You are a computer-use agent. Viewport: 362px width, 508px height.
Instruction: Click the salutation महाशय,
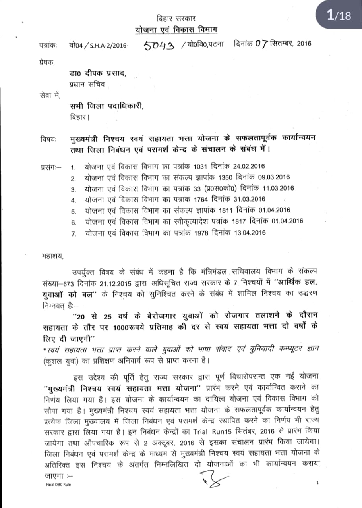(x=52, y=256)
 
